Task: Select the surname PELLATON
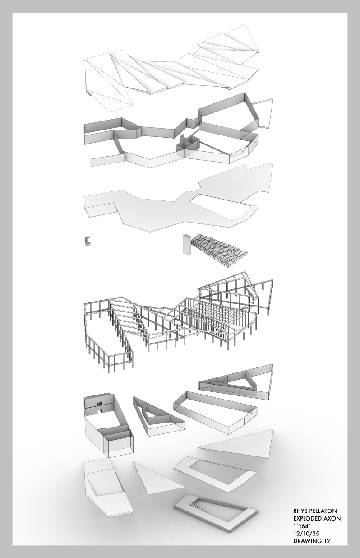[x=325, y=510]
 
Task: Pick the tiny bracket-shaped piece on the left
[x=87, y=239]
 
